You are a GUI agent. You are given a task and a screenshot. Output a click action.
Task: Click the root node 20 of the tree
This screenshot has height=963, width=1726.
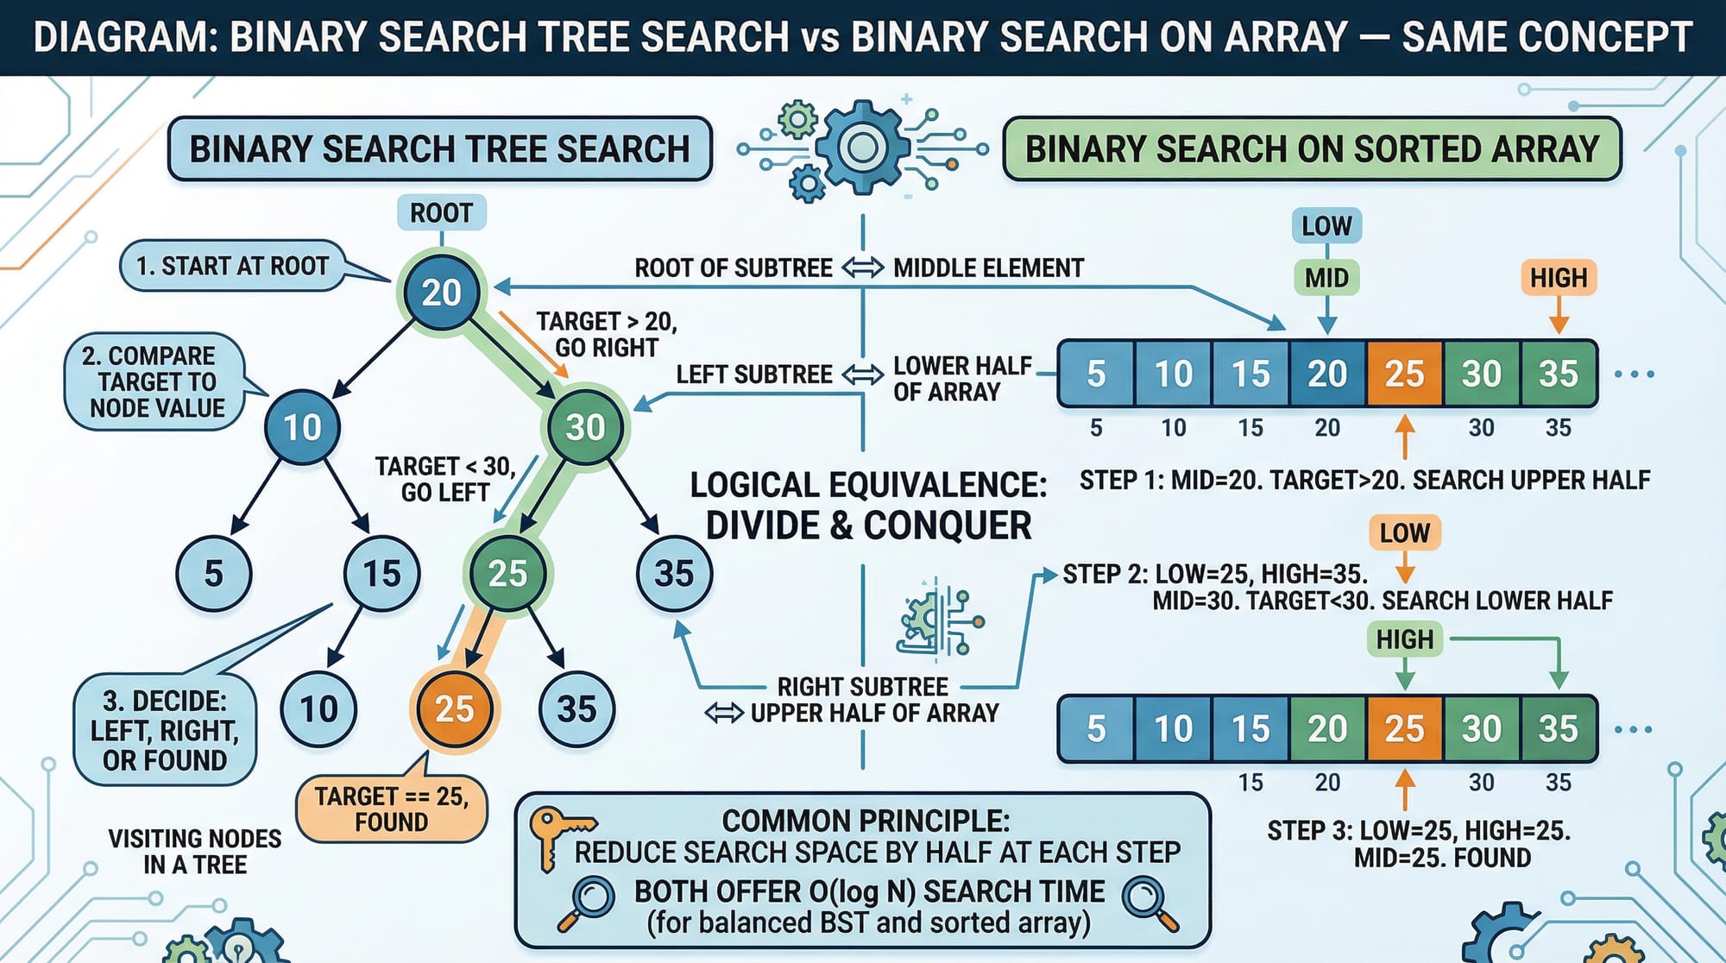click(x=441, y=293)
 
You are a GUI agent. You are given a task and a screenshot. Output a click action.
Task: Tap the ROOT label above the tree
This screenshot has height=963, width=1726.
click(x=441, y=213)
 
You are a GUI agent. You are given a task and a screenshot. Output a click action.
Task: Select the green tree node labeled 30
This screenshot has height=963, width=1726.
click(x=585, y=427)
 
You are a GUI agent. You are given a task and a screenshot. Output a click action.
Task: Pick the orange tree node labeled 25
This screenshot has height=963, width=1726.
click(x=454, y=709)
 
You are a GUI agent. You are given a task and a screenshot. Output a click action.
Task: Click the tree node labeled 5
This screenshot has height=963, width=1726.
click(x=213, y=574)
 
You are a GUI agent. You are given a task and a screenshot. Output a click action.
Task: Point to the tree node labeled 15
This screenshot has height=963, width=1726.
click(x=381, y=574)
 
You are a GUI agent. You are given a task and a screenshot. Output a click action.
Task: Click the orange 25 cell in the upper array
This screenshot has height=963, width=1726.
click(x=1404, y=374)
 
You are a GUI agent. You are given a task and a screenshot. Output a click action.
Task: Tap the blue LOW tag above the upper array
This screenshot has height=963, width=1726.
click(x=1326, y=226)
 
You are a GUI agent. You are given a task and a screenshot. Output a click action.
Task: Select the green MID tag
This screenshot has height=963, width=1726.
click(x=1326, y=278)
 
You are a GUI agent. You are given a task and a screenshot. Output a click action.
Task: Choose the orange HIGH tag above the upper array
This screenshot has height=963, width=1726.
click(x=1559, y=278)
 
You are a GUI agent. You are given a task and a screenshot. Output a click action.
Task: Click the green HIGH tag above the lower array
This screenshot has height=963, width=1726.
click(x=1405, y=639)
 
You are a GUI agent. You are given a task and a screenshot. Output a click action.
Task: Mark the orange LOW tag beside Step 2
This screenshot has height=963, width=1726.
click(x=1405, y=533)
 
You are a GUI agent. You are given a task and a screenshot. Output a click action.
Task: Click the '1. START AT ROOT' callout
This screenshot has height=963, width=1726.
click(x=233, y=266)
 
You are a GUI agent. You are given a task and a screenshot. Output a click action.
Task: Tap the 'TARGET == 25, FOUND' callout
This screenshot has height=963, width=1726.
click(x=391, y=809)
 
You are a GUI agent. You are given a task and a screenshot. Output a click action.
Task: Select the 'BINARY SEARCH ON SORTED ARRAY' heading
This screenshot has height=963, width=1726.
click(x=1312, y=149)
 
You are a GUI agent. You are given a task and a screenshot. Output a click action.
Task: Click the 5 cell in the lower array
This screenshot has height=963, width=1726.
click(x=1096, y=729)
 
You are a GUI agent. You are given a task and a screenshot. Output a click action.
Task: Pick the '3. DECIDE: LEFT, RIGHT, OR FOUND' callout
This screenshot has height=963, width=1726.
click(x=165, y=730)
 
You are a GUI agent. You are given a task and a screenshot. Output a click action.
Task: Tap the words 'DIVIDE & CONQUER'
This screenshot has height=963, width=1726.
click(x=868, y=526)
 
